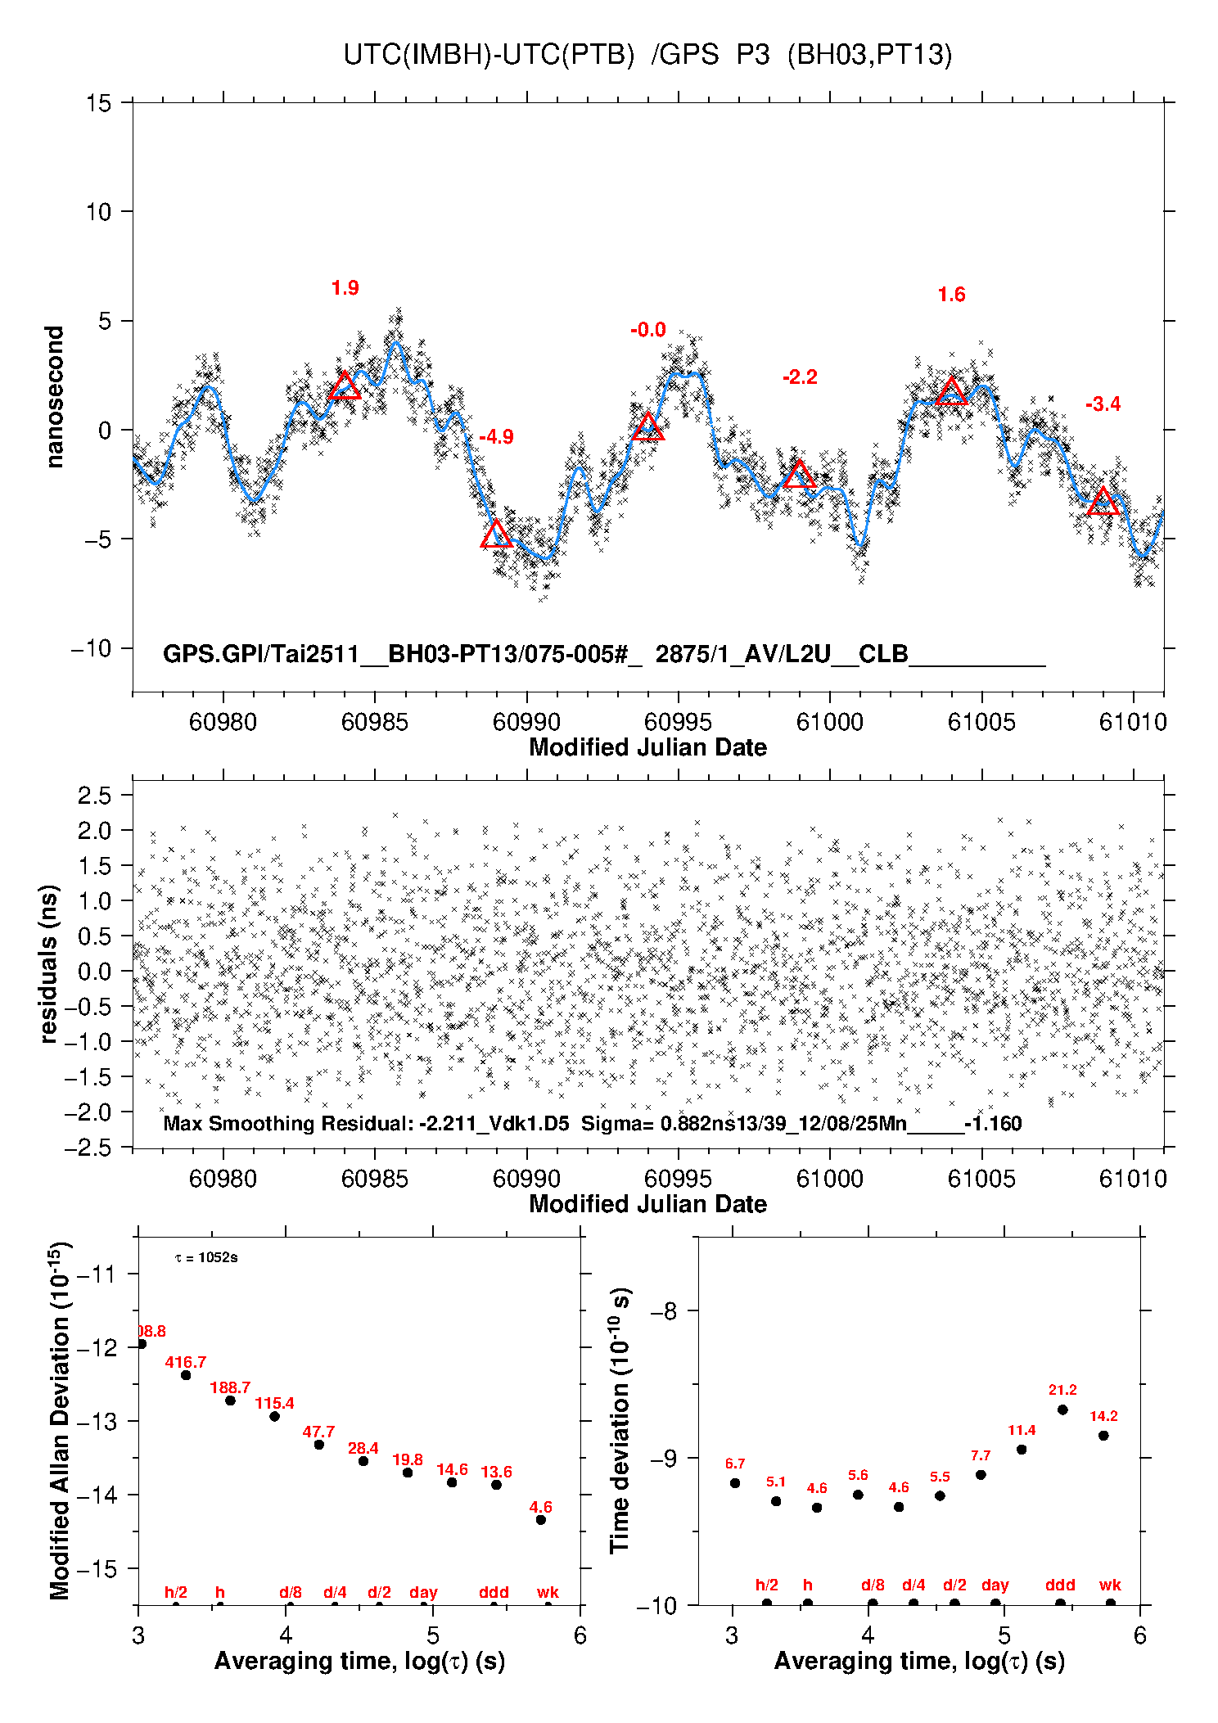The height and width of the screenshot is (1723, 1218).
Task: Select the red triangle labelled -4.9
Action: click(496, 535)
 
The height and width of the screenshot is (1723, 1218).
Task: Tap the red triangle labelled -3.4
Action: click(1103, 503)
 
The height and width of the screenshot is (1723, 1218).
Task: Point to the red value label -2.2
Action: click(800, 377)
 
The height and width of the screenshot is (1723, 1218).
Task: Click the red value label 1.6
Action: click(951, 295)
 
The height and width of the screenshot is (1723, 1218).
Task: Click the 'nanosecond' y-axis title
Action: click(55, 397)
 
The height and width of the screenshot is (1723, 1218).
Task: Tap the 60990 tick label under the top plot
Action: click(526, 722)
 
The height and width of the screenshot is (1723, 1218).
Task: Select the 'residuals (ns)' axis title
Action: click(49, 963)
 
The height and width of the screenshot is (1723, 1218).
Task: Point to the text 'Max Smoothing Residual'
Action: click(287, 1123)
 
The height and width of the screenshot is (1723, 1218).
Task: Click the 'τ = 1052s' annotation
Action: click(206, 1257)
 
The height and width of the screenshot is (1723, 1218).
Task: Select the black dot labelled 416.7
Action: click(186, 1375)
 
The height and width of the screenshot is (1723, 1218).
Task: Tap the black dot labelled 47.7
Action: click(319, 1445)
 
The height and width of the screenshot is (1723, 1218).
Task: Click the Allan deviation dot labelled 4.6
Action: click(541, 1520)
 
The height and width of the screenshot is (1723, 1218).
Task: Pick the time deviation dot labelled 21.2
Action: click(1062, 1410)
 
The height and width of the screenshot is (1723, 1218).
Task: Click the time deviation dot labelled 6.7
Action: click(735, 1483)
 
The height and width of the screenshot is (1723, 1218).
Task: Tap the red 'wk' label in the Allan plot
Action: click(548, 1592)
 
